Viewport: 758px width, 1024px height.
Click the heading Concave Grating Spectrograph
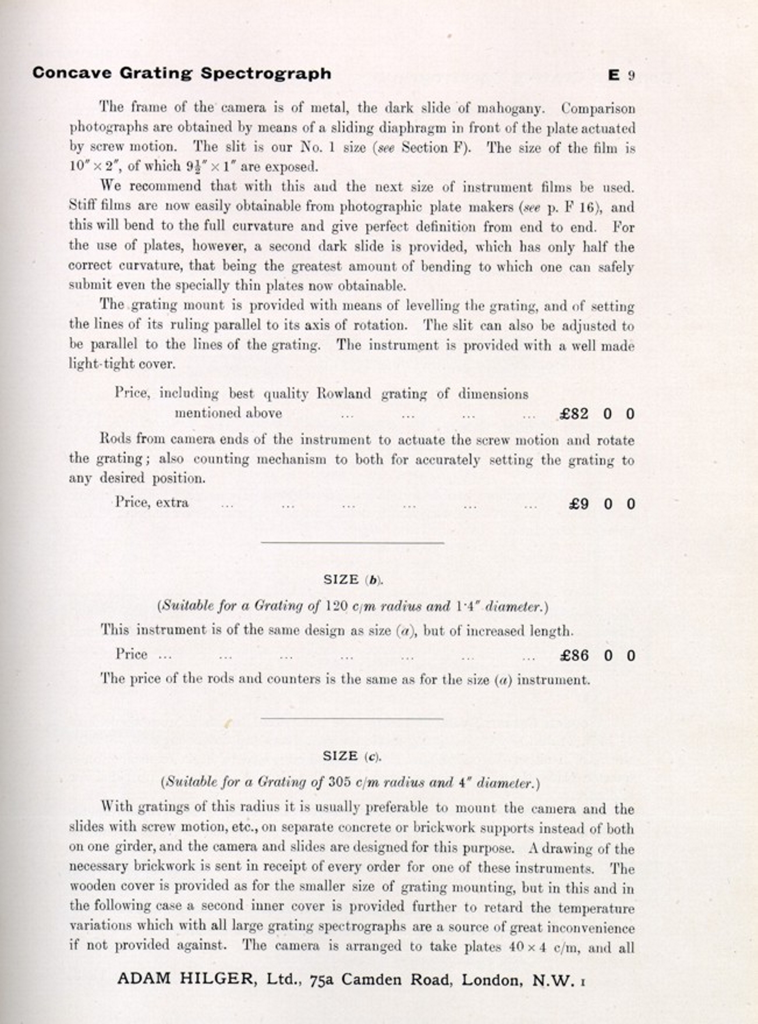(182, 73)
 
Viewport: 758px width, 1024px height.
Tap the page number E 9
(621, 75)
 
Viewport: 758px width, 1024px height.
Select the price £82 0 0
(597, 414)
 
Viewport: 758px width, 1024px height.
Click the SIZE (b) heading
(353, 580)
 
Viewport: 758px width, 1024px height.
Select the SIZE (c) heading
(352, 757)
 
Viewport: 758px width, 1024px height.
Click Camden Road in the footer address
(396, 980)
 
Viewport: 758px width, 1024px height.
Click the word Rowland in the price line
(343, 394)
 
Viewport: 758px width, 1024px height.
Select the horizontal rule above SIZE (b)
(352, 543)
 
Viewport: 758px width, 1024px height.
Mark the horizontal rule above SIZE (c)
(352, 719)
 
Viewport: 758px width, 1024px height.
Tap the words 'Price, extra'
(152, 502)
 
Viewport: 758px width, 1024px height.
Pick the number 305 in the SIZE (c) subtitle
(339, 782)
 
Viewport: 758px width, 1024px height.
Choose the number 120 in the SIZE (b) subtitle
(337, 606)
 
